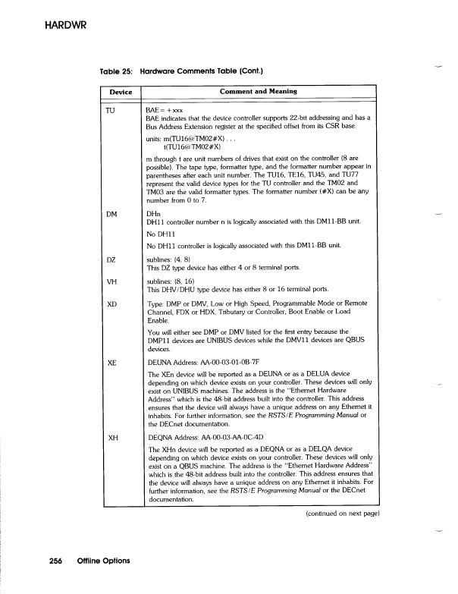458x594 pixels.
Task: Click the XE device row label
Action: pyautogui.click(x=111, y=363)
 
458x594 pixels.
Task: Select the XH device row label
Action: pyautogui.click(x=111, y=438)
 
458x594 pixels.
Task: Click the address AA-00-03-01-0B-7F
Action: pyautogui.click(x=217, y=363)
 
